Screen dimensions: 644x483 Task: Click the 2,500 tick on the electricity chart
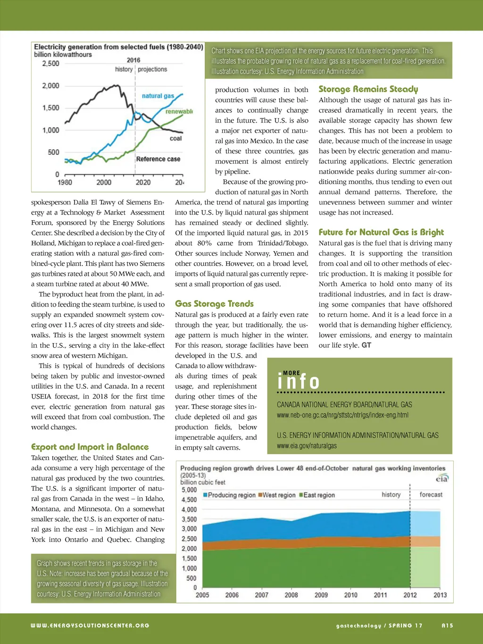click(51, 64)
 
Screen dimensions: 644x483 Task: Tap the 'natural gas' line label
click(158, 96)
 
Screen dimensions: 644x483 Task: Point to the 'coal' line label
click(175, 138)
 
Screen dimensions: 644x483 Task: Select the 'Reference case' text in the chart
click(158, 159)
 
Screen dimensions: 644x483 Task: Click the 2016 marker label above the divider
click(133, 60)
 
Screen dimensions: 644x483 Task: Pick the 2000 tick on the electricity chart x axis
click(104, 183)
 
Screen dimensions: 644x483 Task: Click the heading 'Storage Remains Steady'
click(368, 89)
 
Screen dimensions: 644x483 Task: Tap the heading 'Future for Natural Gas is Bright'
click(381, 232)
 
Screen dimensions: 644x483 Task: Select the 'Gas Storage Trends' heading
click(214, 304)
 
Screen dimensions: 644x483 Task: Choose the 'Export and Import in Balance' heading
click(90, 447)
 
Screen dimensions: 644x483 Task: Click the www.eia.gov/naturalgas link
click(307, 446)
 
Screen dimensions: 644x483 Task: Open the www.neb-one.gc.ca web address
click(342, 415)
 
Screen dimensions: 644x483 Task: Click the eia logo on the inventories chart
click(441, 478)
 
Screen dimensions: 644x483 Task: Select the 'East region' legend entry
click(318, 495)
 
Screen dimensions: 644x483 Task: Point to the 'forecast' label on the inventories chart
click(431, 494)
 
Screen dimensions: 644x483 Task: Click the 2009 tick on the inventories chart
click(321, 595)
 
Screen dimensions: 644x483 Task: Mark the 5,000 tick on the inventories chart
click(189, 490)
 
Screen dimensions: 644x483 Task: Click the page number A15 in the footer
click(447, 626)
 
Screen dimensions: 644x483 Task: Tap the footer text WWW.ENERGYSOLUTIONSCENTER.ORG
click(90, 626)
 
